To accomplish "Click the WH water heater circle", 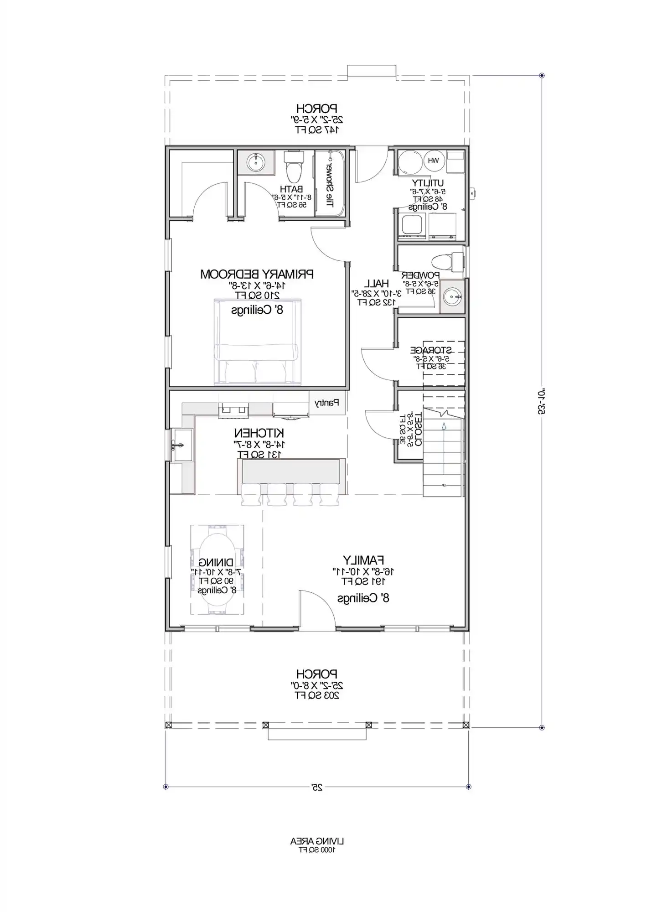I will [x=433, y=161].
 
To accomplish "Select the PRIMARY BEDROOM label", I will [x=257, y=274].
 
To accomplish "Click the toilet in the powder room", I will [x=447, y=263].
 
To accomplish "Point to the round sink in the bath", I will [x=256, y=161].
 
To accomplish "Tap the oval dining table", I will [x=217, y=569].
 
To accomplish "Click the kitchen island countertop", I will [x=291, y=472].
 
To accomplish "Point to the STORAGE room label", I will [x=431, y=350].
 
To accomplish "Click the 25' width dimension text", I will [x=317, y=787].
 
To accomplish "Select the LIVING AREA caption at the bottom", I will [x=317, y=840].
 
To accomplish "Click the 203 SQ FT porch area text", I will [x=317, y=695].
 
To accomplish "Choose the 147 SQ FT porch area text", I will [x=317, y=130].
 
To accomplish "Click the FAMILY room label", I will [x=363, y=560].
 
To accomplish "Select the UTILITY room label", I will [x=428, y=183].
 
